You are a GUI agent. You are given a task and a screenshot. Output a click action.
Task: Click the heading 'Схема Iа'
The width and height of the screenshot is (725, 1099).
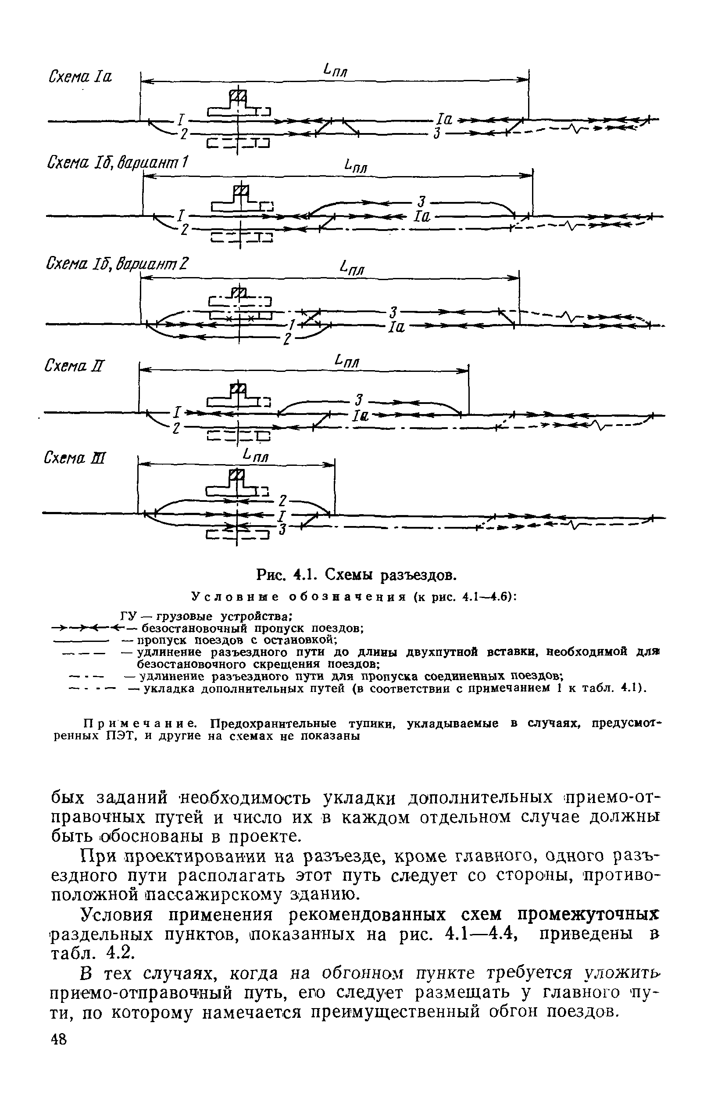point(80,76)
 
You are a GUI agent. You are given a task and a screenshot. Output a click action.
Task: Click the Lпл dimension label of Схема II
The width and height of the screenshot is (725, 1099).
point(347,361)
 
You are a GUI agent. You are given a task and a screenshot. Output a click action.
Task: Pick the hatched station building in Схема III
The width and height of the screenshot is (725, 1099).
point(236,474)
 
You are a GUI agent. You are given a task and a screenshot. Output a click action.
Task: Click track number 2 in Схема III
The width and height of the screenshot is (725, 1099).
point(283,500)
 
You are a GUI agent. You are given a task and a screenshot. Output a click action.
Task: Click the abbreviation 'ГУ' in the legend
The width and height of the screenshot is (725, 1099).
point(127,616)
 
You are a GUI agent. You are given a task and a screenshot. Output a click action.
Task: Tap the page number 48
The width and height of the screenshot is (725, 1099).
point(59,1078)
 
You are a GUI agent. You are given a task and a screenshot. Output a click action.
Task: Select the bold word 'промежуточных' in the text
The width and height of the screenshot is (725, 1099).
point(588,914)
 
